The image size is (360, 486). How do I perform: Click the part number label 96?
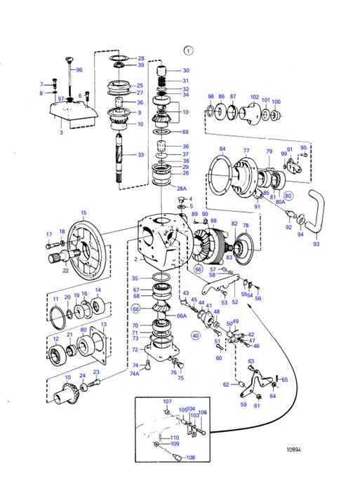pyautogui.click(x=79, y=70)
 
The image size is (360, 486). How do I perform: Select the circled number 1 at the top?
pyautogui.click(x=187, y=50)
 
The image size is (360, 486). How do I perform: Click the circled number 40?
pyautogui.click(x=196, y=336)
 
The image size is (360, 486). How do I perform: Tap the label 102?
pyautogui.click(x=255, y=97)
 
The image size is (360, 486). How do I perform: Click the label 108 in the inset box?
pyautogui.click(x=190, y=458)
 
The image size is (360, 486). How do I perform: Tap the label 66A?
pyautogui.click(x=181, y=316)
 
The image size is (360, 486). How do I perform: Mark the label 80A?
pyautogui.click(x=281, y=203)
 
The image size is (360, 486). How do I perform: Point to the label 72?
pyautogui.click(x=135, y=349)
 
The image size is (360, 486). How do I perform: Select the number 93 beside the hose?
pyautogui.click(x=315, y=245)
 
